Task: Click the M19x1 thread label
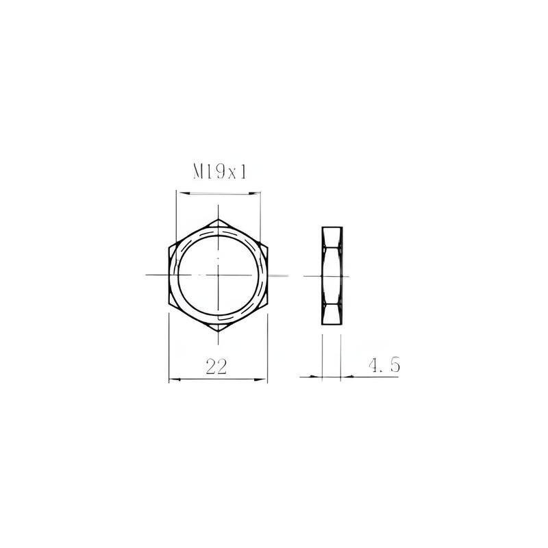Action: tap(220, 173)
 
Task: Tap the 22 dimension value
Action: tap(216, 366)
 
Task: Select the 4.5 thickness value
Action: tap(384, 365)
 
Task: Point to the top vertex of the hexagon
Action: tap(218, 219)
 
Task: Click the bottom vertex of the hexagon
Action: tap(218, 332)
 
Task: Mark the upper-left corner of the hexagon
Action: tap(169, 247)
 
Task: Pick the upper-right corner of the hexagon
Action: tap(267, 247)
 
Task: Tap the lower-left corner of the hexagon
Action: tap(169, 303)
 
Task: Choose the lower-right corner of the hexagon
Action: tap(267, 303)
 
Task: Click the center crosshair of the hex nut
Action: tap(218, 275)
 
